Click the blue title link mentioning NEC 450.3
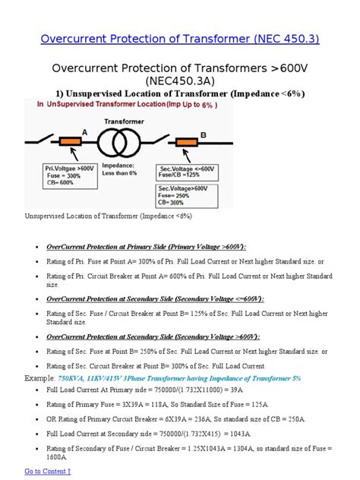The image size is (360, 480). point(179,37)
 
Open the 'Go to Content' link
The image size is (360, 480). point(48,472)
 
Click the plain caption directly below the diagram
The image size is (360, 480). point(109,217)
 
